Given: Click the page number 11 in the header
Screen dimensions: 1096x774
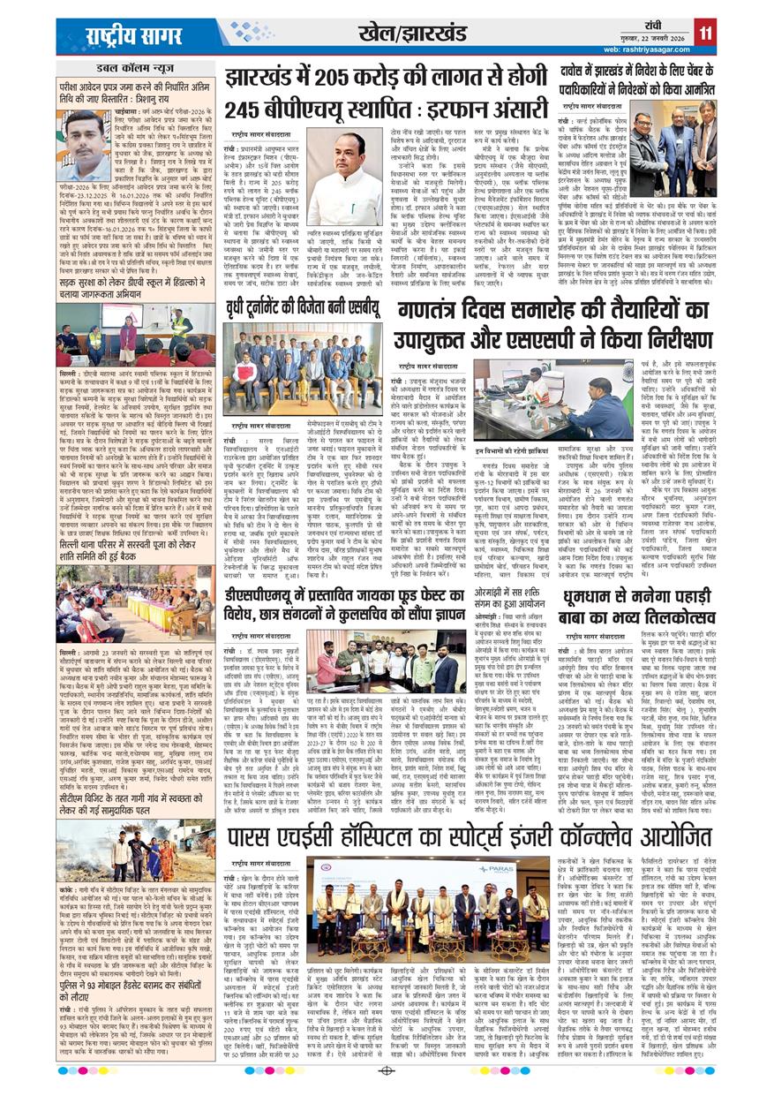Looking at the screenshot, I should coord(705,34).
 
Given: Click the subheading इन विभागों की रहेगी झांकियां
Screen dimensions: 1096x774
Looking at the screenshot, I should coord(526,450).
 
